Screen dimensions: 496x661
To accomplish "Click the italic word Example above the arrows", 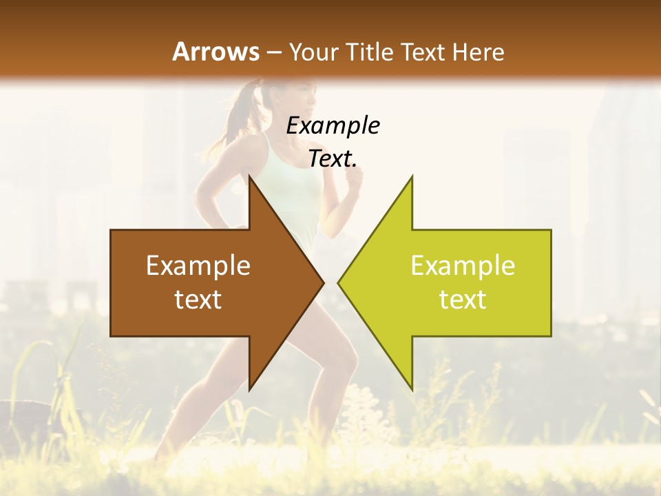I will tap(333, 125).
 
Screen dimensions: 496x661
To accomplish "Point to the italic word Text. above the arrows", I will tap(333, 159).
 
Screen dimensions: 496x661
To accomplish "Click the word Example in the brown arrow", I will tap(198, 266).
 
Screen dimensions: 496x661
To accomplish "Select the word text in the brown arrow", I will tap(198, 300).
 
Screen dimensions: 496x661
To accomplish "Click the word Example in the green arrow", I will tap(463, 266).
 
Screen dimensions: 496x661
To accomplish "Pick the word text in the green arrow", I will tap(463, 300).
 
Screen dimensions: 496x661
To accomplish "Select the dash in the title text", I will tap(273, 52).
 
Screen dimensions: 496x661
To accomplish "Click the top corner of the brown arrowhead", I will tap(250, 177).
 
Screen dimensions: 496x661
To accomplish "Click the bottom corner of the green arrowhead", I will tap(412, 389).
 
